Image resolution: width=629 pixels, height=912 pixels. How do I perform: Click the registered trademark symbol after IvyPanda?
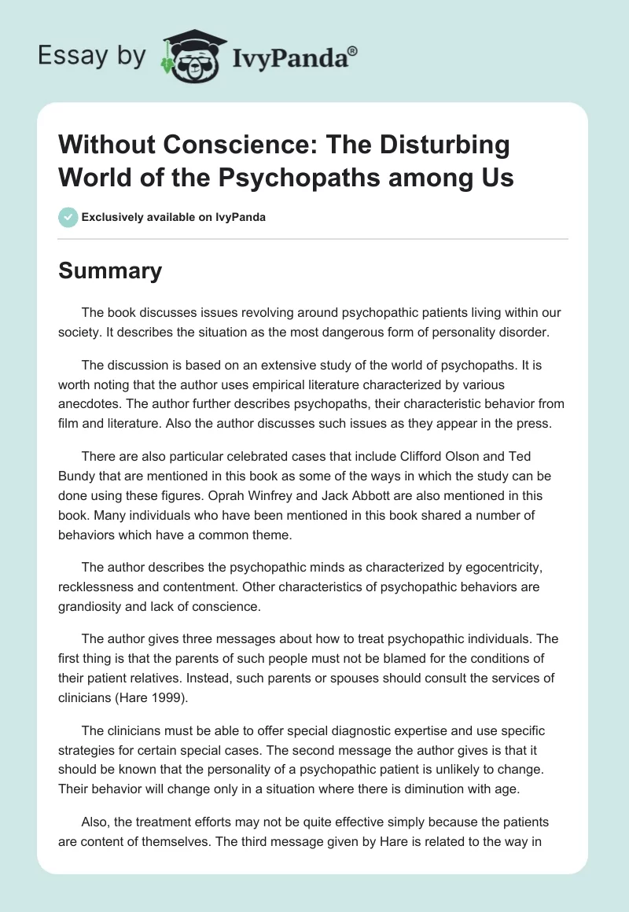352,50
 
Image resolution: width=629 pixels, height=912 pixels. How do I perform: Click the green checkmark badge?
68,217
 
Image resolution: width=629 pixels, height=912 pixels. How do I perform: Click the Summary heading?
110,271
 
